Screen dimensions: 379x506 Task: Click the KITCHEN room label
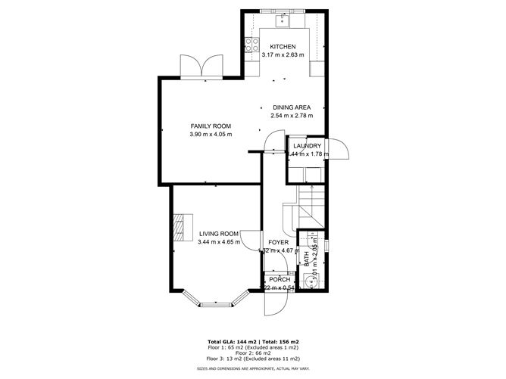[x=283, y=47]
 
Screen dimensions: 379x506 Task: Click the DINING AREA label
[x=292, y=107]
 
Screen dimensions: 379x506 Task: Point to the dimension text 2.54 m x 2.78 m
[x=292, y=116]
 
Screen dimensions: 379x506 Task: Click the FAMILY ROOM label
[x=211, y=126]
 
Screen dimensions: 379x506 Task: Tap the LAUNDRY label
[x=308, y=146]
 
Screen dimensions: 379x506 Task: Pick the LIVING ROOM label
[x=219, y=234]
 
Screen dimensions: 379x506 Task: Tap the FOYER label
[x=279, y=242]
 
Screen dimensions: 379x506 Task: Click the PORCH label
[x=279, y=279]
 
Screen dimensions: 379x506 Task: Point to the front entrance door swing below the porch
[x=273, y=304]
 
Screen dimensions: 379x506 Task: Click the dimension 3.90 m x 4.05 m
[x=211, y=135]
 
